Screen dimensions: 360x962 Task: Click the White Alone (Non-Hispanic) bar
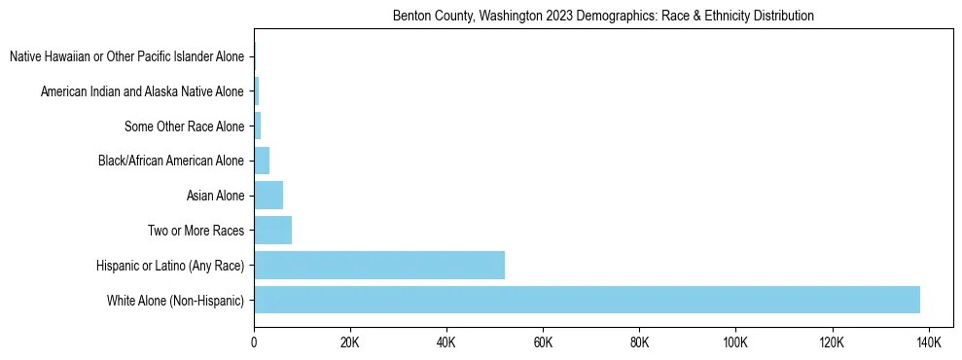tap(587, 300)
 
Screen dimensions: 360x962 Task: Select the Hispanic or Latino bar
tap(379, 265)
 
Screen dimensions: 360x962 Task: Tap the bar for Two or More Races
tap(272, 231)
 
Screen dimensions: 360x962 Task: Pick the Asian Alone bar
tap(268, 196)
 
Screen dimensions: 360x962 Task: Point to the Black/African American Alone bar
tap(262, 161)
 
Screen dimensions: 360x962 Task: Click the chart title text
tap(603, 17)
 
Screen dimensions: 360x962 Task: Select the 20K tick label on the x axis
tap(350, 342)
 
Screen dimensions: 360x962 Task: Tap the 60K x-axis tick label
tap(543, 342)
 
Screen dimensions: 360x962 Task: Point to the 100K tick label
tap(735, 342)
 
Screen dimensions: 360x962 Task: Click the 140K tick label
tap(928, 342)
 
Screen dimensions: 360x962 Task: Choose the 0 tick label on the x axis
tap(254, 342)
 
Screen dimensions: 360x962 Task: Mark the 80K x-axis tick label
tap(639, 342)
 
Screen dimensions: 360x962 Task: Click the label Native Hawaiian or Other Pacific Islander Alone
tap(126, 57)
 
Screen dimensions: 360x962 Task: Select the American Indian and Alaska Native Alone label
tap(142, 92)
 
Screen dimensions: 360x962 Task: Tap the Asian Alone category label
tap(215, 197)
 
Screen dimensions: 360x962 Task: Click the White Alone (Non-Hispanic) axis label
tap(175, 301)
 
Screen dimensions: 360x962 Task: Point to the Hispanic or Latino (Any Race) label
tap(170, 266)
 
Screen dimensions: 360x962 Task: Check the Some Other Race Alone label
tap(184, 126)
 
